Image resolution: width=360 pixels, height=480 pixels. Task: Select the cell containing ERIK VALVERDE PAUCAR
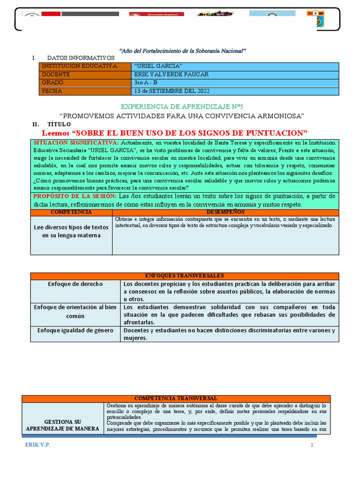[x=171, y=75]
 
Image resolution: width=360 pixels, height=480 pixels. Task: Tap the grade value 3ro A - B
[x=146, y=82]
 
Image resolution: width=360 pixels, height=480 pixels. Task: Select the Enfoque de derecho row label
[x=75, y=284]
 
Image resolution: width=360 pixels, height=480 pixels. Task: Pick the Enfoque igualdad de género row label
[x=75, y=330]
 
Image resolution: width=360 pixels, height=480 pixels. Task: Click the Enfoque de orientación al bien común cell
[x=75, y=311]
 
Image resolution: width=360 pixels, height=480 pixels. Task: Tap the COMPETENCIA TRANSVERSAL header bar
[x=176, y=398]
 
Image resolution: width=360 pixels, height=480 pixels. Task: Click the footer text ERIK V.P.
[x=37, y=445]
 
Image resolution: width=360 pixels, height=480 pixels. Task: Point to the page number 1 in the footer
[x=311, y=445]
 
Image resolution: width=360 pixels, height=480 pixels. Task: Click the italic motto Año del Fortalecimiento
[x=183, y=50]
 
